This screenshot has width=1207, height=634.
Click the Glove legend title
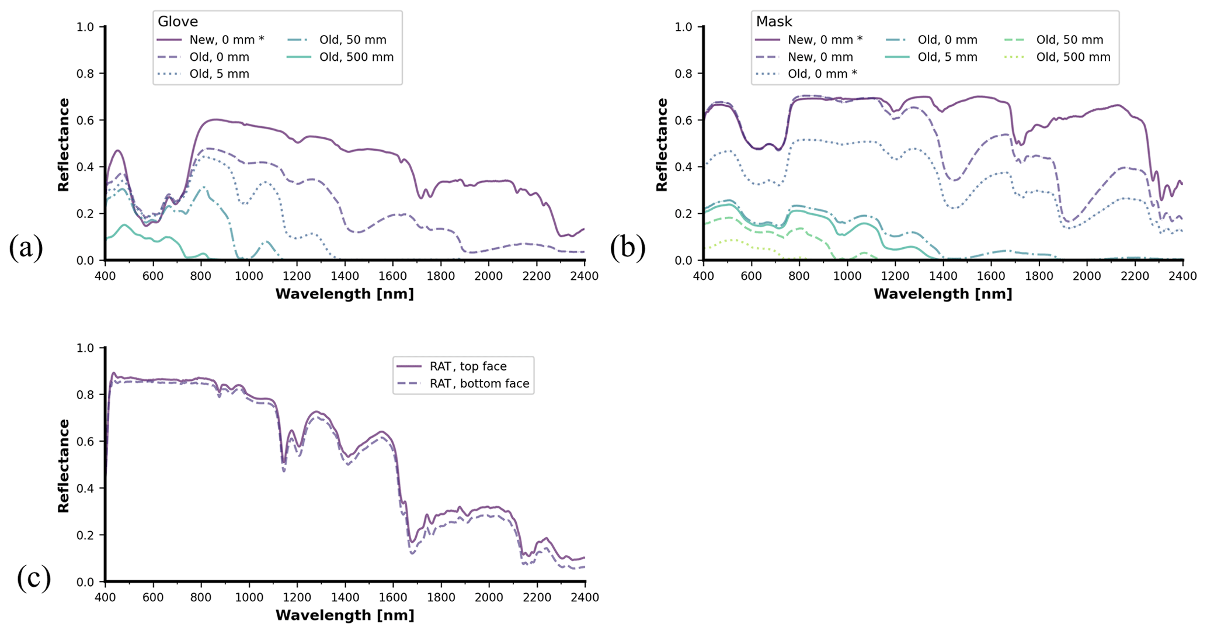click(178, 22)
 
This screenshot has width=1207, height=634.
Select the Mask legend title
click(774, 22)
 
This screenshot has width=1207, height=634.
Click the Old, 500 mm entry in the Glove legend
click(356, 57)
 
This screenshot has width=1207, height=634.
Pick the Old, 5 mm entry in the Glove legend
click(219, 74)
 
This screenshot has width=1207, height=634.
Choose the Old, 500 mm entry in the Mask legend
click(1073, 57)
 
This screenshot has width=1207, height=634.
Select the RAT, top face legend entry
click(468, 366)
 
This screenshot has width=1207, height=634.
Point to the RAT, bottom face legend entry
click(479, 384)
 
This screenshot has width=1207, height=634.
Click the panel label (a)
click(26, 247)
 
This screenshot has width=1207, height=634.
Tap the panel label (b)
click(628, 247)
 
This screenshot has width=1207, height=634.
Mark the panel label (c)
click(34, 578)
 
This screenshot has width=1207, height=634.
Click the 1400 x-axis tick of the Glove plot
click(345, 276)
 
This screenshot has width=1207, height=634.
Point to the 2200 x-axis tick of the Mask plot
click(1135, 276)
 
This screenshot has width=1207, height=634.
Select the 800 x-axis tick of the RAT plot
click(201, 597)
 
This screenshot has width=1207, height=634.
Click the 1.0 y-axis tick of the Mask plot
click(683, 27)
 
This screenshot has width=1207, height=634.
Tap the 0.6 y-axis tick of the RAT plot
click(86, 442)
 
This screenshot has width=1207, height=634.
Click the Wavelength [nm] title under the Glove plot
click(345, 294)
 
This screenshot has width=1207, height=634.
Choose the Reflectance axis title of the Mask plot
click(661, 144)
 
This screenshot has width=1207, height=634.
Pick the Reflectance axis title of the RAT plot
click(63, 466)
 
